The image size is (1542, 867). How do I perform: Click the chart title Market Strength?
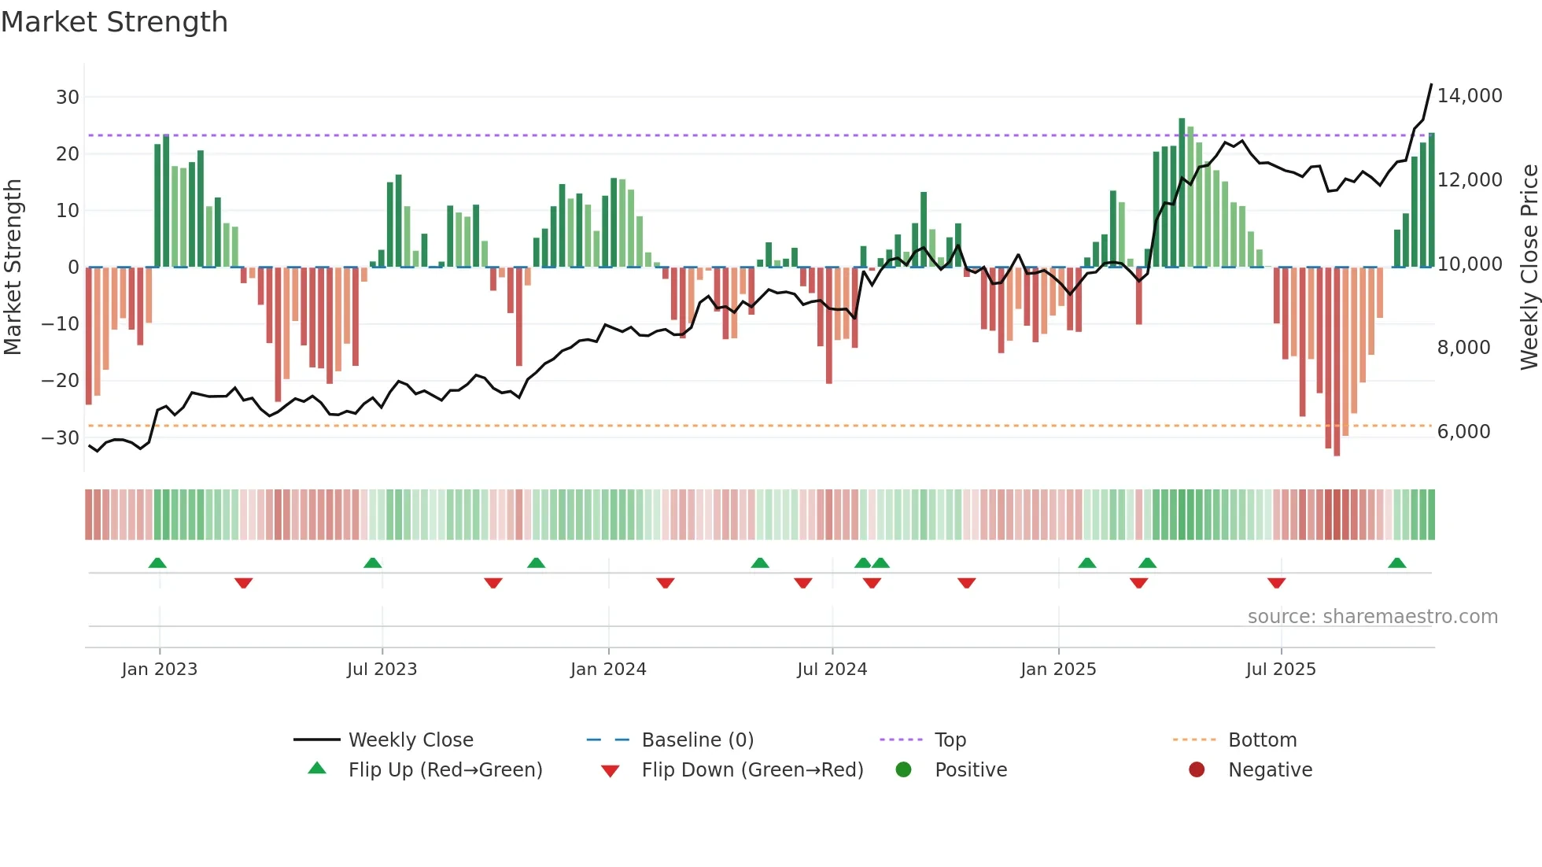114,22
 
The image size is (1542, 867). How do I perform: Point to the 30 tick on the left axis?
68,98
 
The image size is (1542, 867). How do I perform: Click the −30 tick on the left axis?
61,438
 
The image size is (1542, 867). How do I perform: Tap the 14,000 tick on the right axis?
1469,96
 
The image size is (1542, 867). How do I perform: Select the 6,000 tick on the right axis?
1463,432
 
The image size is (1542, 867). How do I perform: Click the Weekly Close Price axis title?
1529,267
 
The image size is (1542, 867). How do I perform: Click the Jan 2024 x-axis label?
608,670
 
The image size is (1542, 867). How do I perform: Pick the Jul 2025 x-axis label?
1280,670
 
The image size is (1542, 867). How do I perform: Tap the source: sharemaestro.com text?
1372,617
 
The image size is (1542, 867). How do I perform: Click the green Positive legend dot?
903,770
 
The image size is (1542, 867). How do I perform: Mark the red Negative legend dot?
1197,770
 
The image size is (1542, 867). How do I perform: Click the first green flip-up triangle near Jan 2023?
157,563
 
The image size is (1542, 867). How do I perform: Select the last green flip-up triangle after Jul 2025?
1396,563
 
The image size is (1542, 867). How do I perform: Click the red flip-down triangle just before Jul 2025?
1276,583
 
